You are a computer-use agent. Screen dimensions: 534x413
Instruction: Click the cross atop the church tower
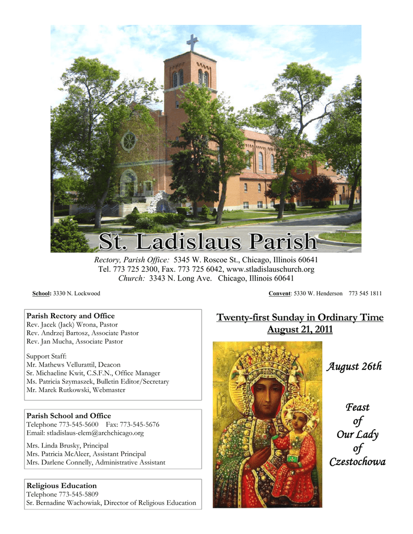click(x=192, y=42)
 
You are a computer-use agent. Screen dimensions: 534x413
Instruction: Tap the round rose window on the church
click(x=128, y=141)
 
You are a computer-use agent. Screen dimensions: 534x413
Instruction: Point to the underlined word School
click(x=41, y=294)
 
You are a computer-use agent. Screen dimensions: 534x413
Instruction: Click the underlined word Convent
click(x=279, y=294)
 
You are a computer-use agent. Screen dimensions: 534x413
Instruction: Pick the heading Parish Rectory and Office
click(x=70, y=316)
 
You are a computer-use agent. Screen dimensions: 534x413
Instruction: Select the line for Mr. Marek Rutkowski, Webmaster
click(x=76, y=390)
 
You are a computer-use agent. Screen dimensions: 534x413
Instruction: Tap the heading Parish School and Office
click(x=68, y=416)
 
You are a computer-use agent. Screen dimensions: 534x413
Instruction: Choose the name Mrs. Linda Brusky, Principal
click(x=67, y=446)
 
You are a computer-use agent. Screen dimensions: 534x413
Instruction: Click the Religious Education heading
click(x=62, y=486)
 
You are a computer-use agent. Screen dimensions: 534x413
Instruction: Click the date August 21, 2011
click(x=300, y=330)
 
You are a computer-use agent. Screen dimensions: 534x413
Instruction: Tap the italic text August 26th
click(x=354, y=367)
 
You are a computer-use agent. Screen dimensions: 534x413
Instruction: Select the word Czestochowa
click(x=357, y=462)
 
